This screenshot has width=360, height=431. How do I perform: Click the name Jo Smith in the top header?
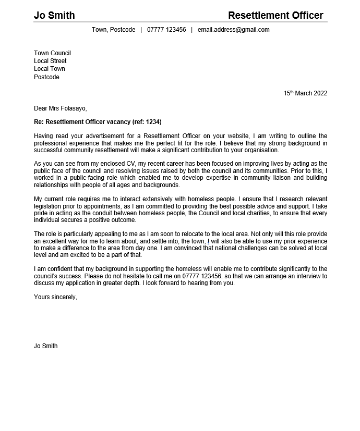tap(54, 15)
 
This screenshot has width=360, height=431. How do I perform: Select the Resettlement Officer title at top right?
tap(275, 15)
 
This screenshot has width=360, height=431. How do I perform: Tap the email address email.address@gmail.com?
tap(233, 30)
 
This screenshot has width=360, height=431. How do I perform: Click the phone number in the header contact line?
tap(166, 30)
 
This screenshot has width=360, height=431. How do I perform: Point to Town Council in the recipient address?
tap(52, 53)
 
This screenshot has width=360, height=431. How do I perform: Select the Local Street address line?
tap(50, 61)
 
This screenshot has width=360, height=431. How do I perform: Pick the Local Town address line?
tap(50, 69)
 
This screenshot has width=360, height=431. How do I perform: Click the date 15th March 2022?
tap(305, 93)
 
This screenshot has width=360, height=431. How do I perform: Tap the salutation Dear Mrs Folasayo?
tap(60, 108)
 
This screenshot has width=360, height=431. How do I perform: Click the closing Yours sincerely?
tap(55, 297)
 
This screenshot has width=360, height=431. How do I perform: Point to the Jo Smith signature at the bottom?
tap(46, 346)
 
